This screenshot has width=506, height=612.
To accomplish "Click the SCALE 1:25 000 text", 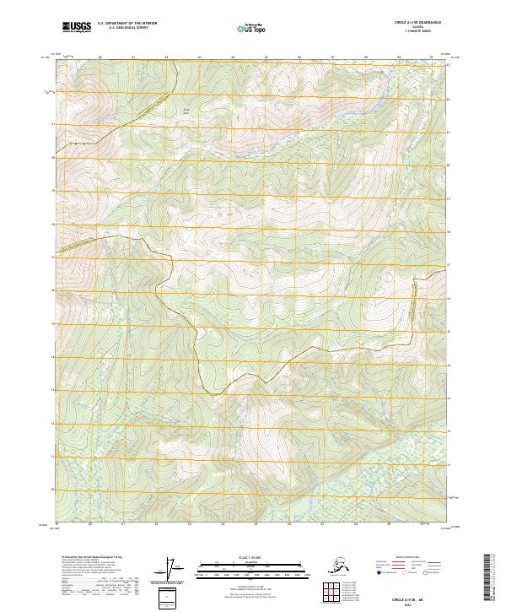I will tap(251, 555).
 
